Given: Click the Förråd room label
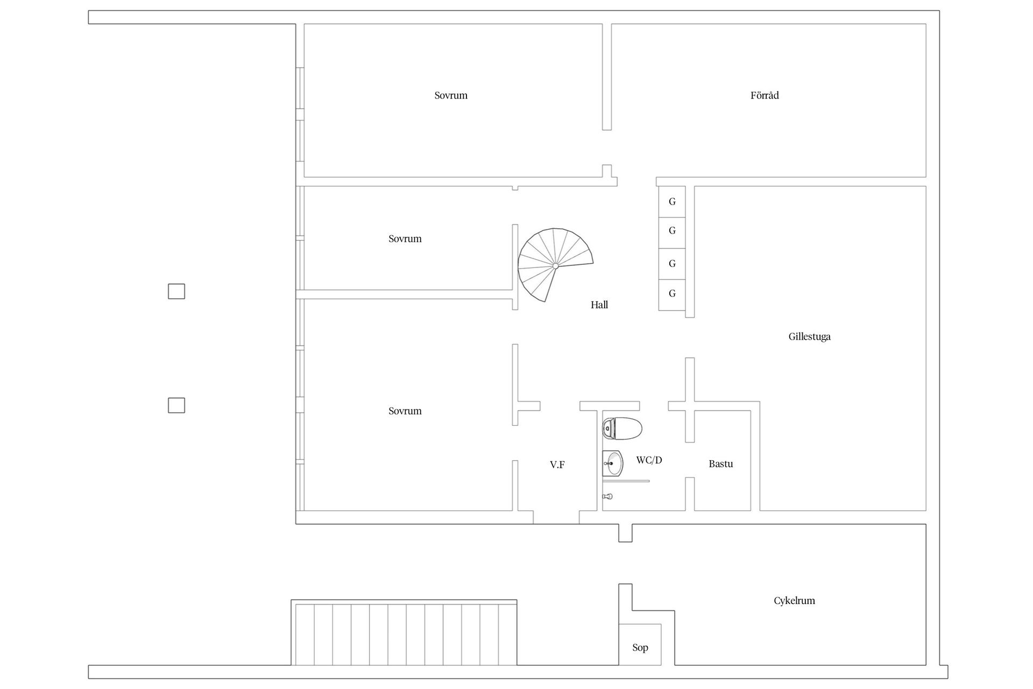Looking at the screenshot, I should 764,95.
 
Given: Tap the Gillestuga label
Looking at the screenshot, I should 809,336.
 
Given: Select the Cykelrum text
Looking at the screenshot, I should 794,601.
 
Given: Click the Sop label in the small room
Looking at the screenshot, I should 640,648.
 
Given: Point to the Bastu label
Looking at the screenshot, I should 720,463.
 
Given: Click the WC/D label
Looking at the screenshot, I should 649,460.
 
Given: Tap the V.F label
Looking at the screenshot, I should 557,465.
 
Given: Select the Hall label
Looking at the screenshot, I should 599,305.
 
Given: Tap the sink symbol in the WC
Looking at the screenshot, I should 612,463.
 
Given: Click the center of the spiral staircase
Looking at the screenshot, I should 555,266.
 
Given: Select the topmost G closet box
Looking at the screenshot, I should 672,201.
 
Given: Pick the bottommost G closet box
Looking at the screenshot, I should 672,294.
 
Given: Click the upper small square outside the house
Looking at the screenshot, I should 176,291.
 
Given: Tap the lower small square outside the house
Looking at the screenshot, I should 176,405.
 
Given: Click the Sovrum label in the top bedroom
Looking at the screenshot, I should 451,95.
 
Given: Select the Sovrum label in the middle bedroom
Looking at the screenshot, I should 405,238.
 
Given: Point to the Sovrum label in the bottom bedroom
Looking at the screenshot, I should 405,411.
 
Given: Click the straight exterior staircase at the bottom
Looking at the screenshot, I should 405,634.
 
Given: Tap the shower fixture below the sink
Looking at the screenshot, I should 607,496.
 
